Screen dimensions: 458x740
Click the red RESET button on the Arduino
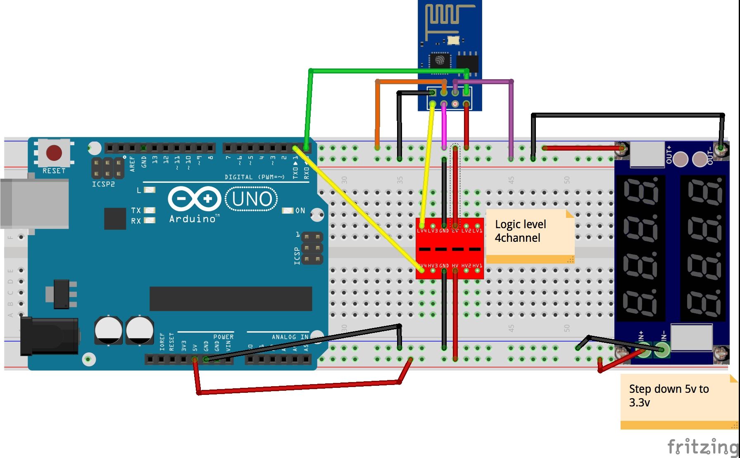(x=54, y=153)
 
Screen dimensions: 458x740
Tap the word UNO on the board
(x=252, y=199)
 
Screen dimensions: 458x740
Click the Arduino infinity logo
(x=194, y=199)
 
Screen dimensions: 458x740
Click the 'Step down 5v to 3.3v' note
(x=678, y=400)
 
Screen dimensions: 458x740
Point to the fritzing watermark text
(x=702, y=446)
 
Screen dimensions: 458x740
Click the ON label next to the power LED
(x=300, y=210)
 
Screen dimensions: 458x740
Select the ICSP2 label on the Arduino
(x=103, y=184)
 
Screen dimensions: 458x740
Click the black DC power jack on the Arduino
(x=50, y=336)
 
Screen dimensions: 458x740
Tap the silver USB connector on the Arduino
(x=35, y=203)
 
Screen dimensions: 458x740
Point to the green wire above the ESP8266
(x=388, y=71)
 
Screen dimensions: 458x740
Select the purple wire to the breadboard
(x=511, y=120)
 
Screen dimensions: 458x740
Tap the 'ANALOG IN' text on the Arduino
(x=290, y=337)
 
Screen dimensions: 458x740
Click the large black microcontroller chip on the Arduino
(x=231, y=299)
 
